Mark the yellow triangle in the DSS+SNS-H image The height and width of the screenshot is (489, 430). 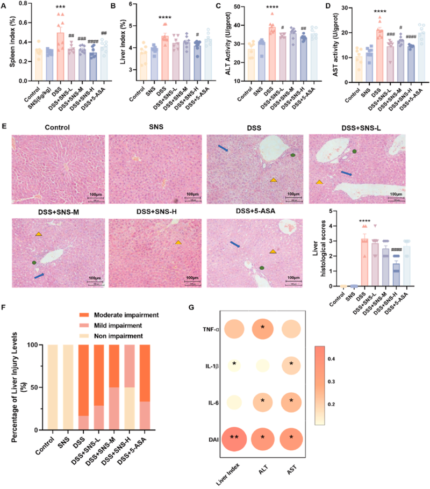pyautogui.click(x=178, y=242)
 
